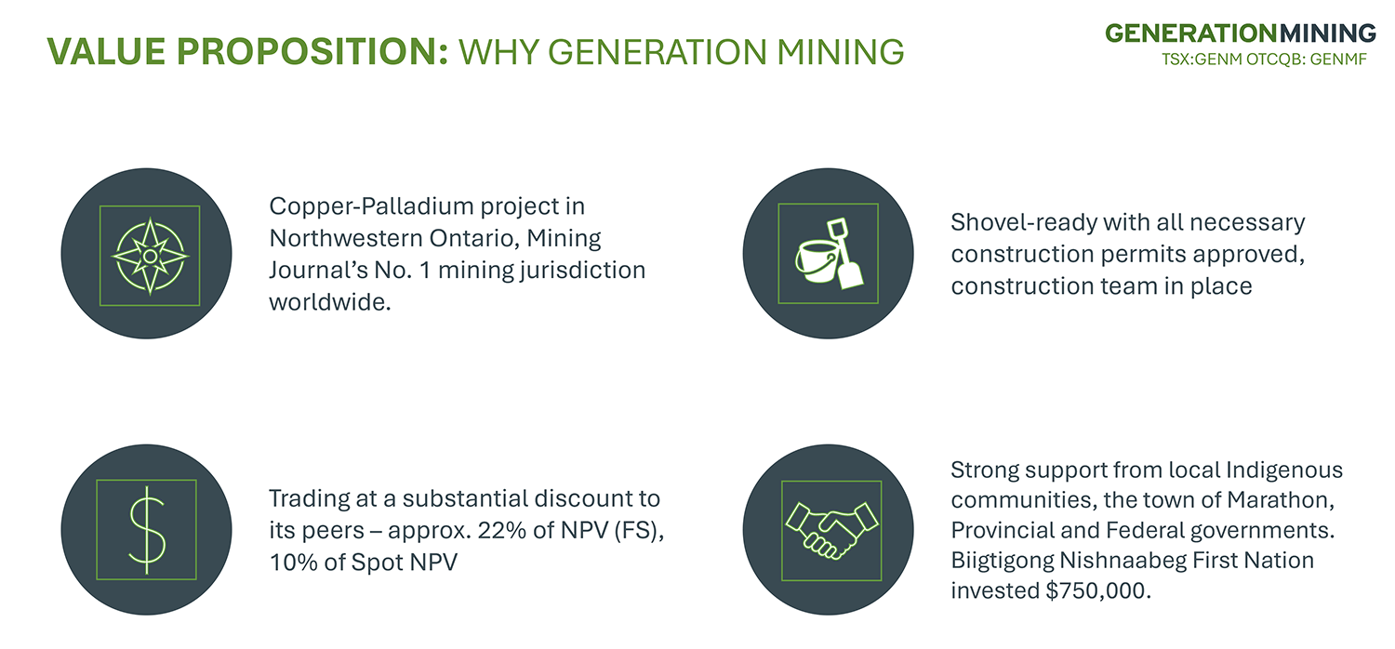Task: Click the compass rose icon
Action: (150, 256)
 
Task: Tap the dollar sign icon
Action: (147, 530)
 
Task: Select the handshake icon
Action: (831, 530)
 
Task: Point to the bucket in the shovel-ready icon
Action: (816, 262)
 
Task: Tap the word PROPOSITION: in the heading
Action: (312, 51)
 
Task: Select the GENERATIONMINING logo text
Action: (1241, 33)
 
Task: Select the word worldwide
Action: (330, 302)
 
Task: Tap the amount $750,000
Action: (1097, 590)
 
